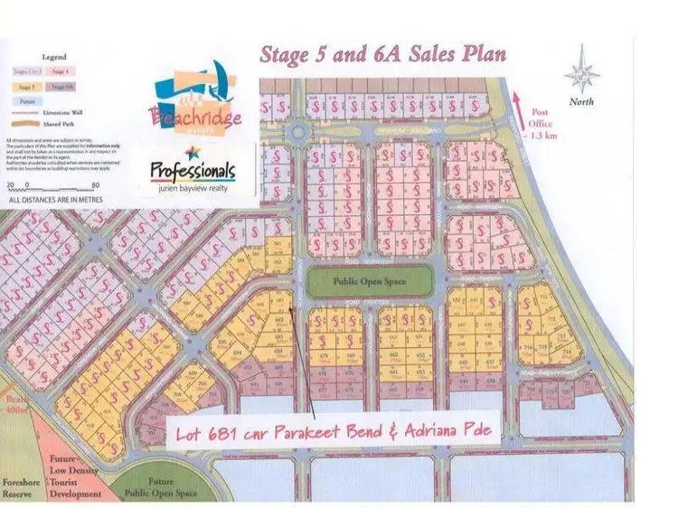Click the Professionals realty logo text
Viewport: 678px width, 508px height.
[x=192, y=170]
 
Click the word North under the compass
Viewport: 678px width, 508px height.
[x=581, y=102]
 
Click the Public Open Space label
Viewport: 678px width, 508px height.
[x=370, y=282]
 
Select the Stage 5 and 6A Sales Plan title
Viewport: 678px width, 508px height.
[x=383, y=54]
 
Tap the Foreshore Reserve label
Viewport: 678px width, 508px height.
[x=23, y=488]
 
